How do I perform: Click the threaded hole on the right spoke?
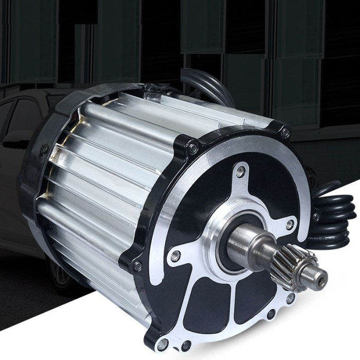[290, 224]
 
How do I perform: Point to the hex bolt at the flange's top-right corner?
[285, 133]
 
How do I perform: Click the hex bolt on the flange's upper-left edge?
[193, 149]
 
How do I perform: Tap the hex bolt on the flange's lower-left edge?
[137, 266]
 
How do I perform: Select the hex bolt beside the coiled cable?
[316, 217]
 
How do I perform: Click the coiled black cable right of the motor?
[337, 216]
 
